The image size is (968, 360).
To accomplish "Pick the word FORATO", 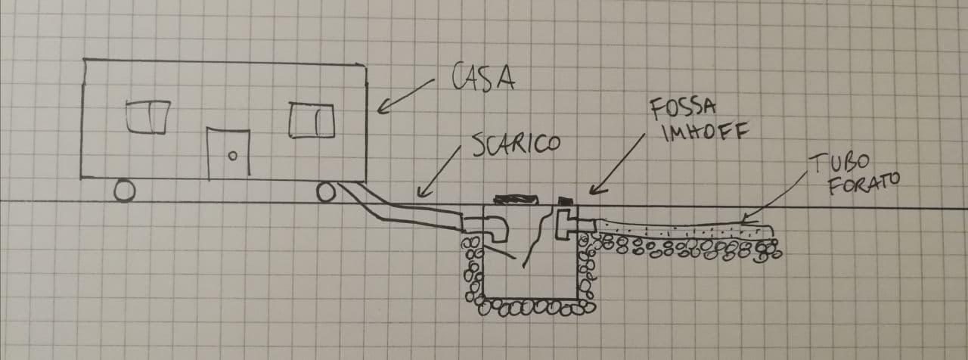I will pyautogui.click(x=858, y=185).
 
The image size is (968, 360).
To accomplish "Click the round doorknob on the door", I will pyautogui.click(x=234, y=156).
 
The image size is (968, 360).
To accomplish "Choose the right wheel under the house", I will pyautogui.click(x=325, y=193).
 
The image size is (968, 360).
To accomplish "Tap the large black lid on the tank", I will pyautogui.click(x=514, y=200).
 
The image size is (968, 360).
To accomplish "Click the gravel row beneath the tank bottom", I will pyautogui.click(x=533, y=307).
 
